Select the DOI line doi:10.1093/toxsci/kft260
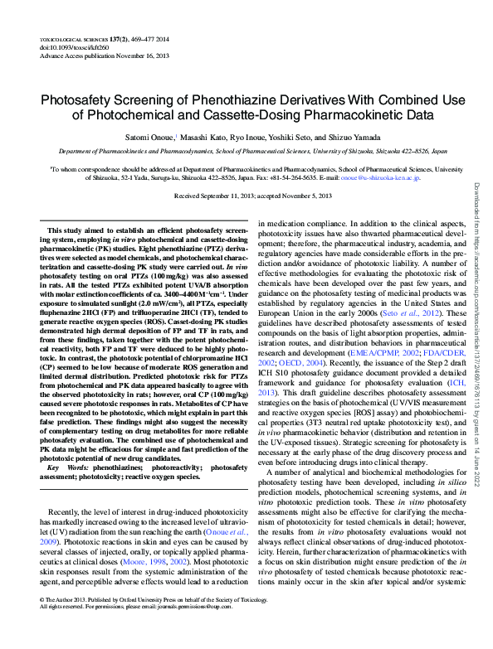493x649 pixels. point(66,48)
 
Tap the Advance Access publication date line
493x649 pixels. point(86,56)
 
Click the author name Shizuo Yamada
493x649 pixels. point(359,137)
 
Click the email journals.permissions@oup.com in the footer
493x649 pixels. point(194,628)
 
